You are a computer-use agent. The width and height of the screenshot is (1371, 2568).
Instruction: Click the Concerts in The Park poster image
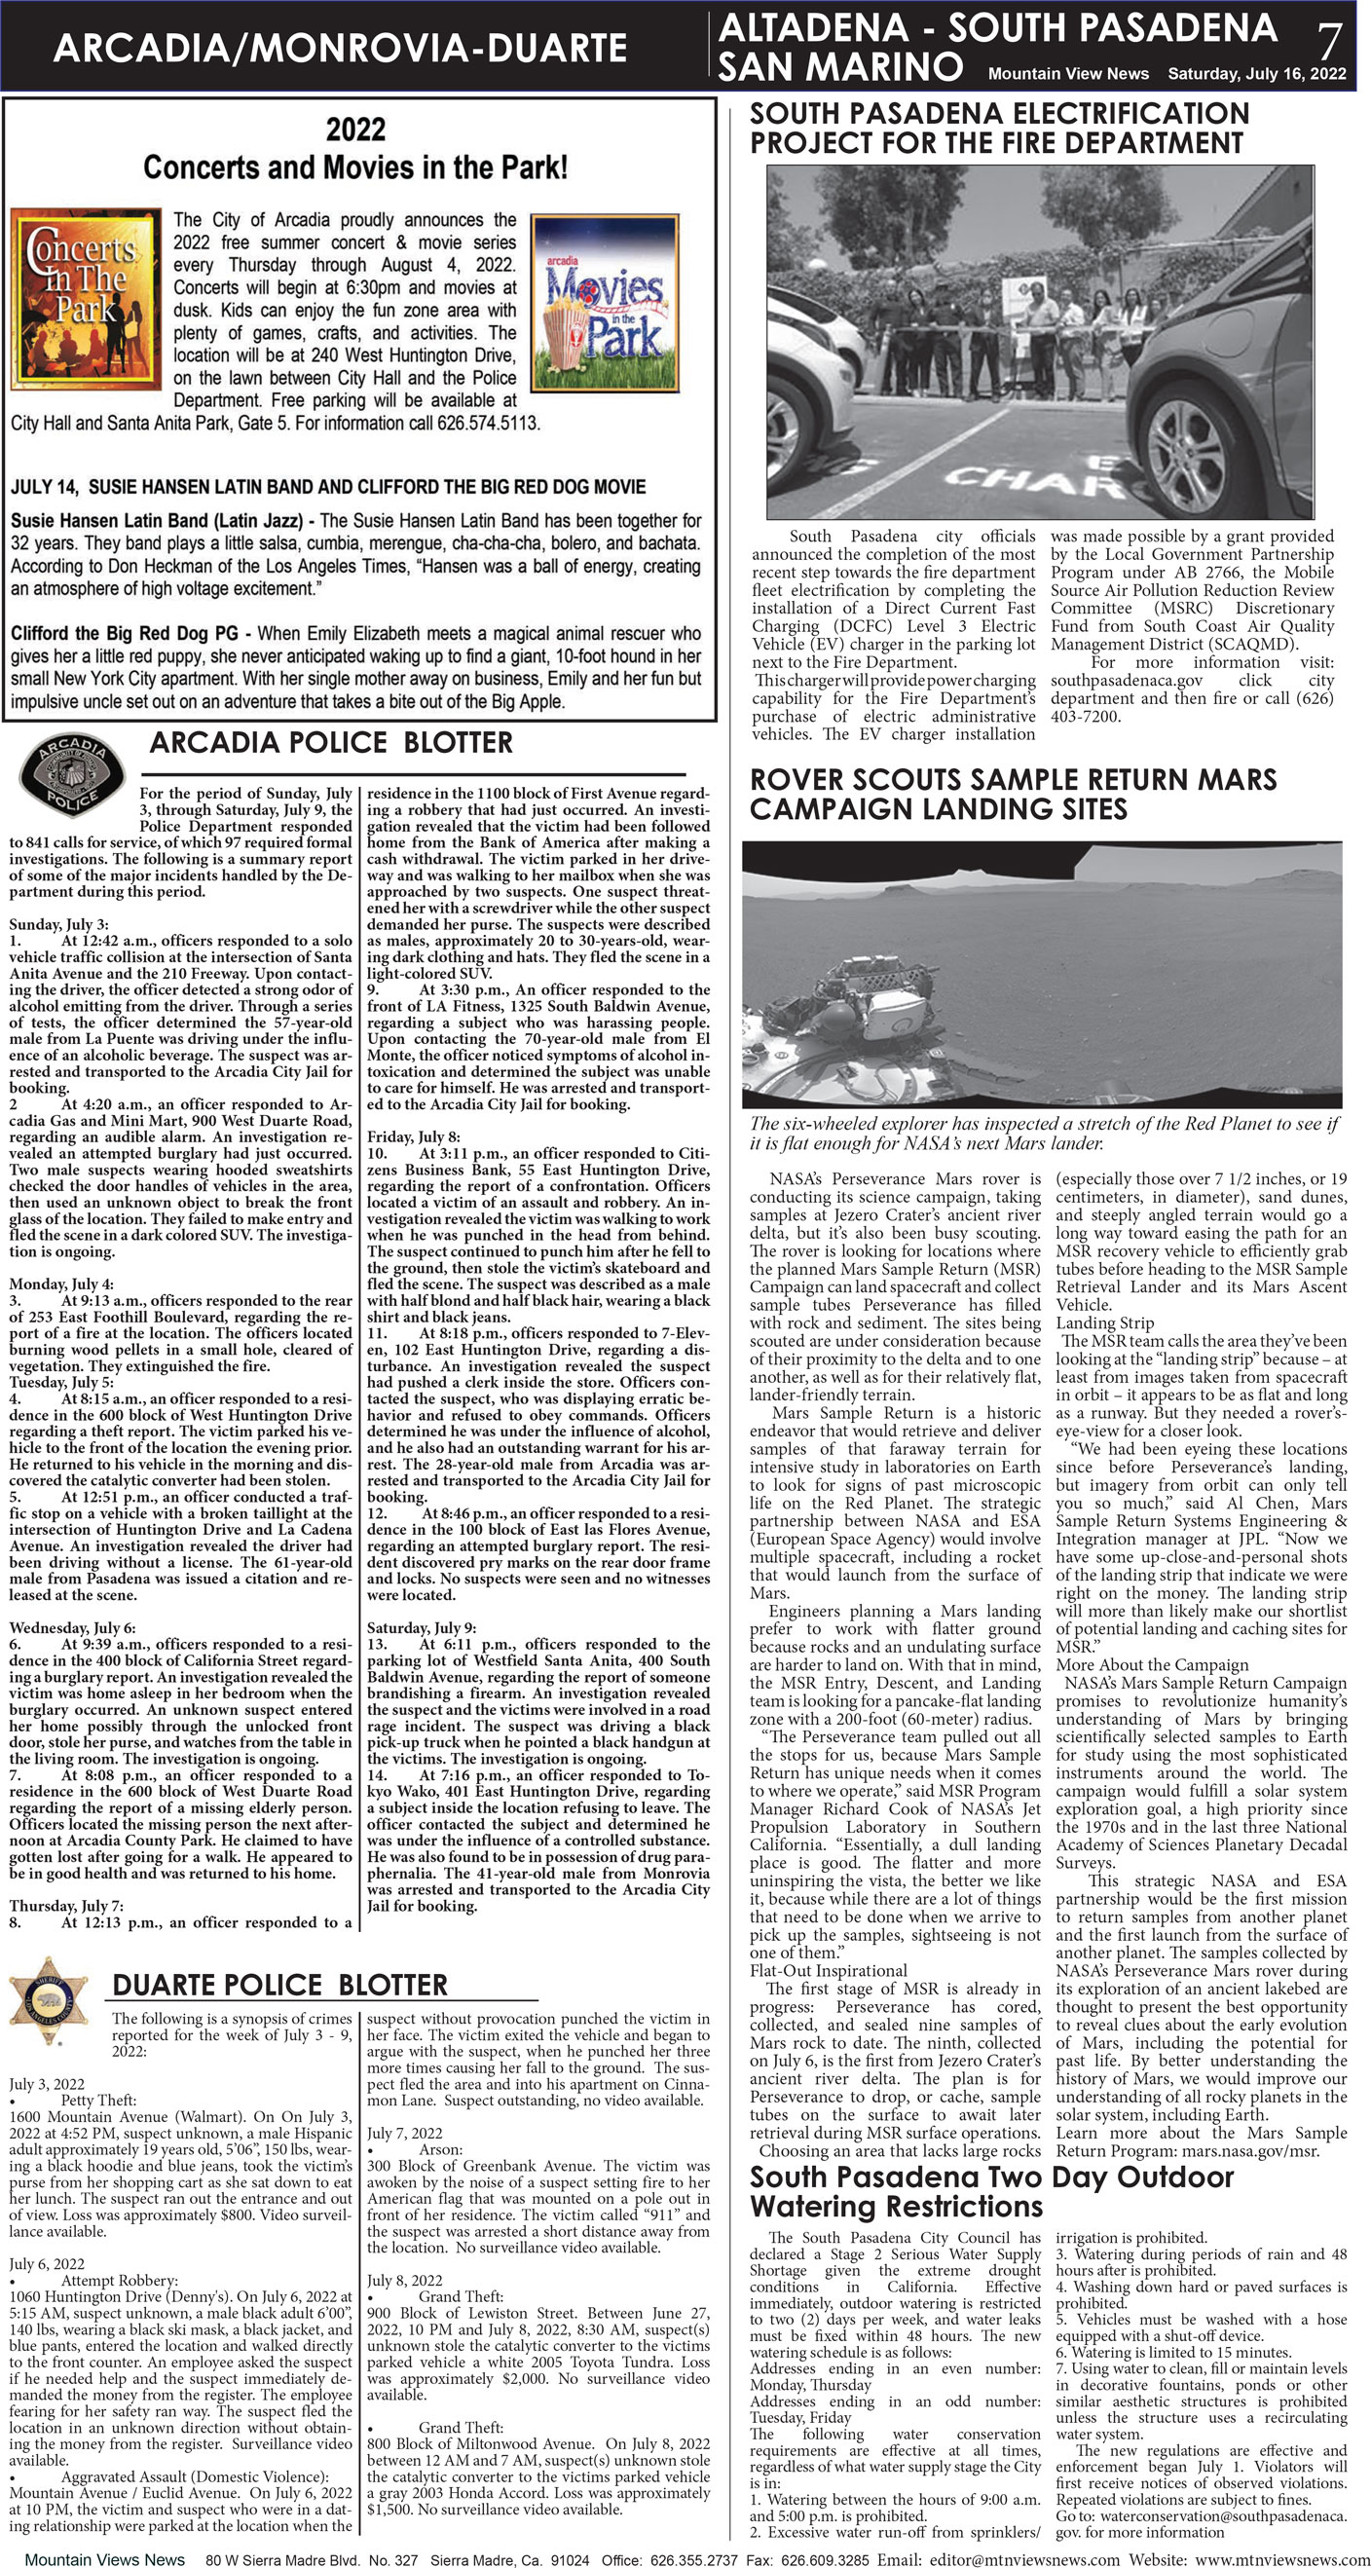[85, 298]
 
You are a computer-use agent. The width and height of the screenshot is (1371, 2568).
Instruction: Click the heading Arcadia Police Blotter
[331, 743]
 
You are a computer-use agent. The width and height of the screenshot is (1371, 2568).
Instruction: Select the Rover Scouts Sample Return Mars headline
[1012, 794]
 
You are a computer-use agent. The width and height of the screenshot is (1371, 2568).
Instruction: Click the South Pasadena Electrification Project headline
[999, 128]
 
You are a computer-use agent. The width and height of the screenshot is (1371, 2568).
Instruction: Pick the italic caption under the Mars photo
[1043, 1133]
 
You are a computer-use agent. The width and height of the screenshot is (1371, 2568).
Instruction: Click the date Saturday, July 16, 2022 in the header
[1256, 74]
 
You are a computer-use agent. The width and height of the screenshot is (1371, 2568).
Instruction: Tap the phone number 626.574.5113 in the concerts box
[487, 423]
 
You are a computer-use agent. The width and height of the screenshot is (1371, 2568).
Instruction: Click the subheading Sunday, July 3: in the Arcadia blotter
[58, 924]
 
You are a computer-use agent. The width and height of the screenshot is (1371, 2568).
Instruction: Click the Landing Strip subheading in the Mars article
[1104, 1322]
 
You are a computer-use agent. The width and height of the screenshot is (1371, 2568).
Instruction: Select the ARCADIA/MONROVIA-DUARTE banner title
[339, 47]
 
